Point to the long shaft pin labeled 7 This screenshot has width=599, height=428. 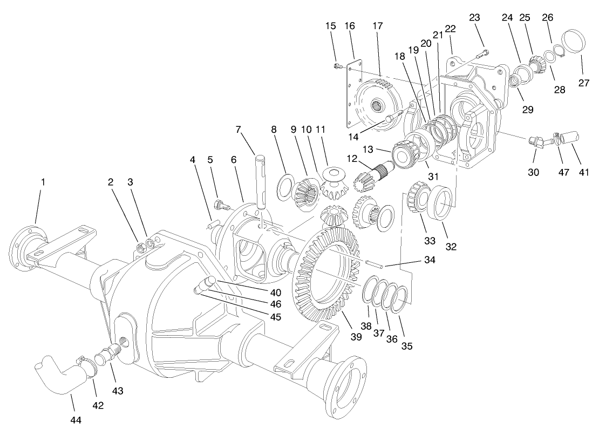pos(262,181)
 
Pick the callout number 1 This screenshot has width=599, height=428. pos(43,182)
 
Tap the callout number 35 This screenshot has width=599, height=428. pos(407,346)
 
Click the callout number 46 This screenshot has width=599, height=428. pos(276,305)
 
